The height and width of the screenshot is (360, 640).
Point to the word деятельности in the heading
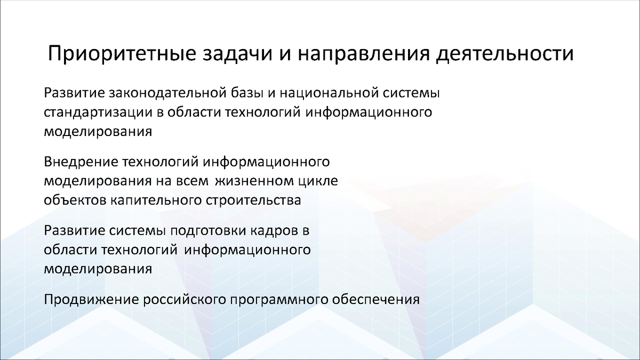tap(505, 55)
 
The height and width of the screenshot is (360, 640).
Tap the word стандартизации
tap(90, 113)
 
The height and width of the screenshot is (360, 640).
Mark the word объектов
tap(76, 200)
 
